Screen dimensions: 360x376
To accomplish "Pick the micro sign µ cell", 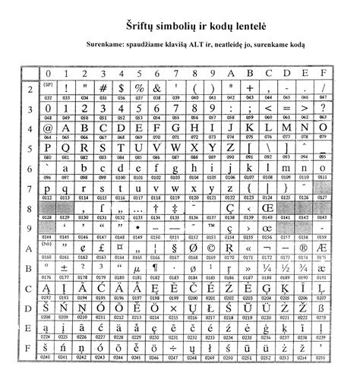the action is pyautogui.click(x=138, y=268).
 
